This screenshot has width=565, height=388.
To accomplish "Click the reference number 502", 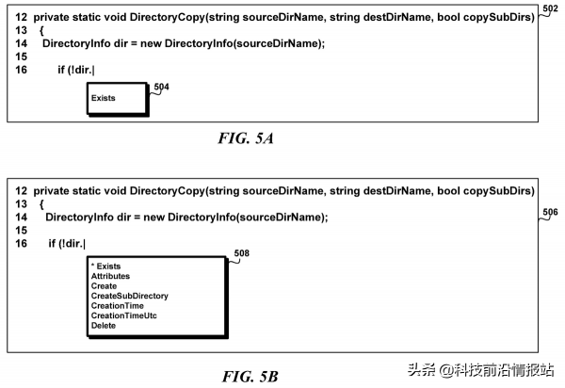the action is click(x=550, y=8).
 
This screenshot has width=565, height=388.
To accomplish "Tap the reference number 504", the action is click(x=161, y=87).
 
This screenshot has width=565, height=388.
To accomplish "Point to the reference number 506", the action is click(x=550, y=212).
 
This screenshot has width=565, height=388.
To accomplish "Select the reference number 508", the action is click(x=241, y=253).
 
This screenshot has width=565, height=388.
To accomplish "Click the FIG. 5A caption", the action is click(x=246, y=138).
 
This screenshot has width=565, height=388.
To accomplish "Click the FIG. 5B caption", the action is click(x=250, y=377).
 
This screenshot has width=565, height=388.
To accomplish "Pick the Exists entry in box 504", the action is click(x=103, y=98).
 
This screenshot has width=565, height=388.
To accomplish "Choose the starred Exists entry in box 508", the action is click(x=105, y=267).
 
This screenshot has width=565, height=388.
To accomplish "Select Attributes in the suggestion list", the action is click(x=110, y=276).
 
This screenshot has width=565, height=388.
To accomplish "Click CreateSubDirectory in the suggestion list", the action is click(x=130, y=296).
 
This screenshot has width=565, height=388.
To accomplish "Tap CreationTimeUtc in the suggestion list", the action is click(x=124, y=315).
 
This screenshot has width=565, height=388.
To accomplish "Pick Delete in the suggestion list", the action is click(x=104, y=325).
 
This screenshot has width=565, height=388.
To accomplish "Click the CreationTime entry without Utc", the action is click(x=118, y=306).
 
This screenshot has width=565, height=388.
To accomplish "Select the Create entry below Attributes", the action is click(x=104, y=286).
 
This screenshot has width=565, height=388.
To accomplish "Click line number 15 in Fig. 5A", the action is click(x=22, y=57).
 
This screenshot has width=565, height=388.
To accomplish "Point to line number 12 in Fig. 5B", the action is click(x=22, y=190).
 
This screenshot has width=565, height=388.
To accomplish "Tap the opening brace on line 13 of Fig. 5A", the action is click(x=41, y=31).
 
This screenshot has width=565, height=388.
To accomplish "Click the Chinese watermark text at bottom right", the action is click(x=480, y=370).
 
